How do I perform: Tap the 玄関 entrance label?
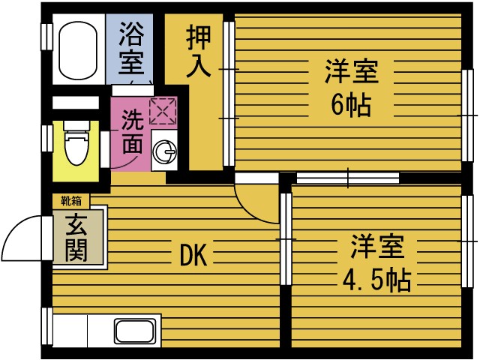point(76,238)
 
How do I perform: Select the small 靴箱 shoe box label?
point(71,200)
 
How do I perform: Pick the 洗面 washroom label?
point(131,132)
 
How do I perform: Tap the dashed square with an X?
point(161,111)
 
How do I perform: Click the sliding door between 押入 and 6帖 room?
point(229,94)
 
